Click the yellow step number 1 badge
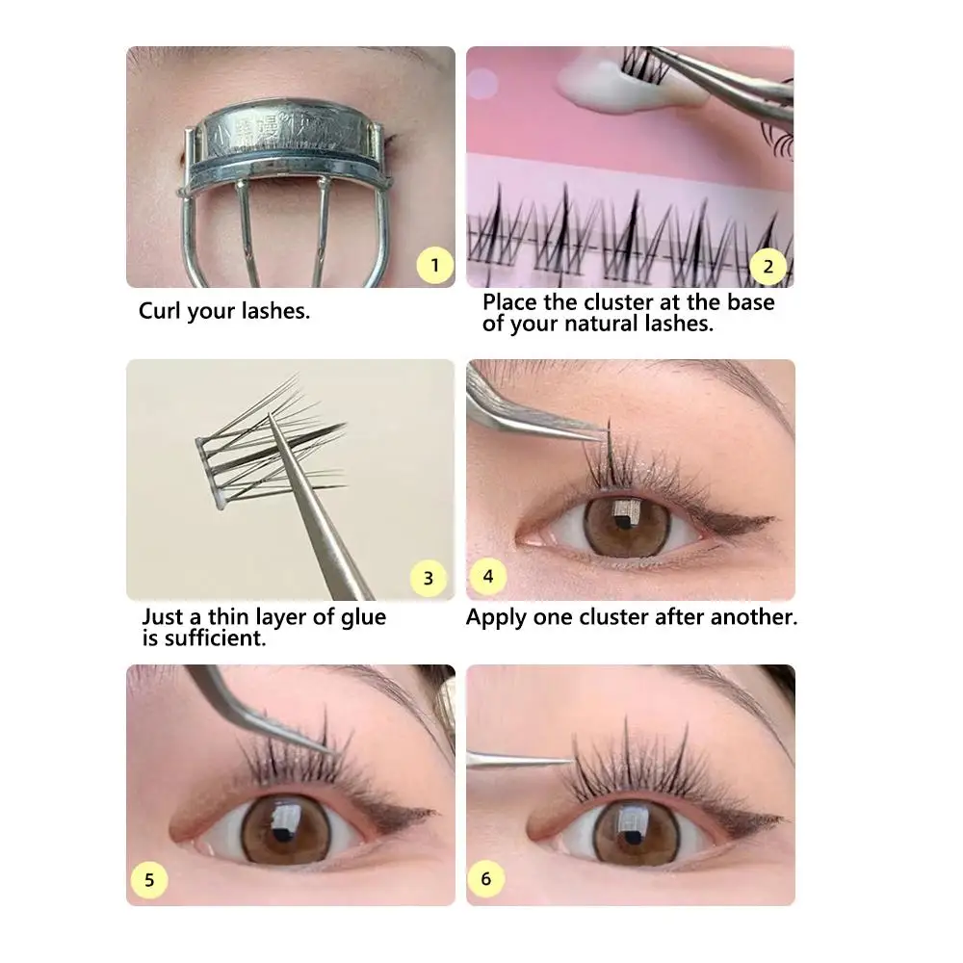[435, 265]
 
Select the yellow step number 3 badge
[429, 578]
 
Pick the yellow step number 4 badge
[488, 577]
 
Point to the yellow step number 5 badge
[149, 879]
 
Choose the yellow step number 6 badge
[485, 878]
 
